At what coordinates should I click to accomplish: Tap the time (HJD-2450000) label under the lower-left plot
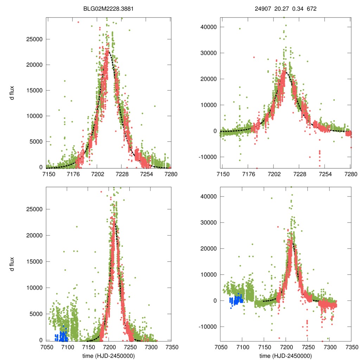coord(109,356)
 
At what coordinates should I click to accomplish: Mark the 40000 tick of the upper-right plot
coord(210,27)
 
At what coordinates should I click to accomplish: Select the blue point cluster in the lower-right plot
coord(237,301)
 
